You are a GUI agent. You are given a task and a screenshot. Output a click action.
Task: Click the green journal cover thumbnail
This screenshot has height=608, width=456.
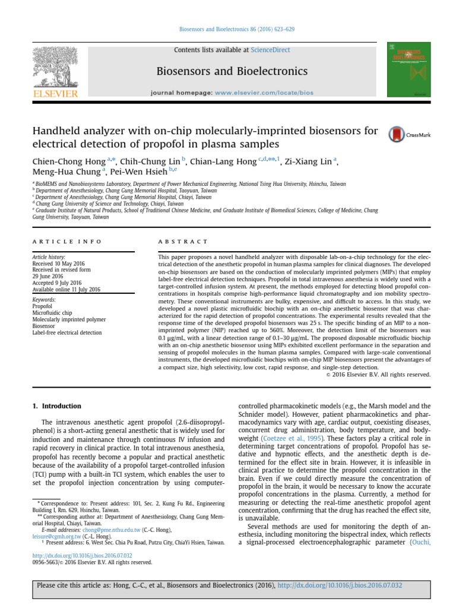[x=409, y=70]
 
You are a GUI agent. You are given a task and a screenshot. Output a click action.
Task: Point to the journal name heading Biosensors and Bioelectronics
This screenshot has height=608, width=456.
[x=232, y=72]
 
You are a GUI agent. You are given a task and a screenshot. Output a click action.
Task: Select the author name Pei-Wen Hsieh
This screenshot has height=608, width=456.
[x=138, y=172]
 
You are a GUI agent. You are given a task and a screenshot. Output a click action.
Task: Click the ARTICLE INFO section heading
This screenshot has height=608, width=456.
[x=67, y=242]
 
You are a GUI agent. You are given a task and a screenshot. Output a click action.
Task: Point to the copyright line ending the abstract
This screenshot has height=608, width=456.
[x=378, y=375]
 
